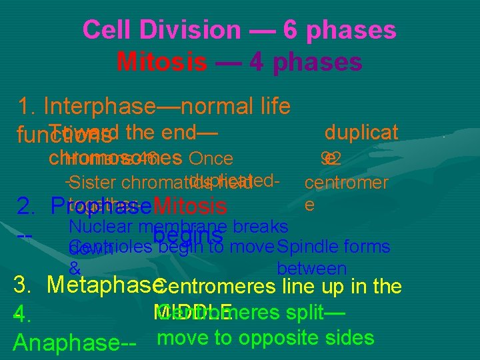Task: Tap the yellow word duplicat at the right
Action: [x=361, y=131]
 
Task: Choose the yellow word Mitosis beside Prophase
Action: [x=190, y=206]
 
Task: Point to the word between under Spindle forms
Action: [x=311, y=269]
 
